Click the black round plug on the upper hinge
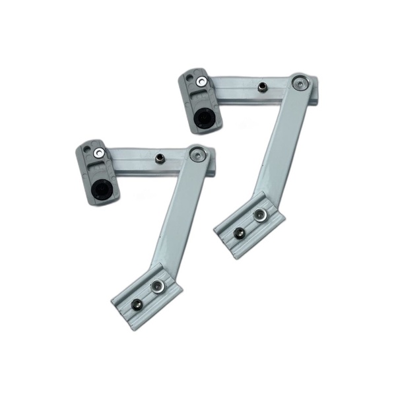203,118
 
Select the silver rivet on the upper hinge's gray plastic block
201,82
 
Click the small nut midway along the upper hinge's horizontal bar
262,88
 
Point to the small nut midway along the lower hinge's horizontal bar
160,158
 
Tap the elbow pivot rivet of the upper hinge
300,83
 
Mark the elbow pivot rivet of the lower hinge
197,154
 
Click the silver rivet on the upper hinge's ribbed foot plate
261,214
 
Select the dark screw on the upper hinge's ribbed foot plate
239,233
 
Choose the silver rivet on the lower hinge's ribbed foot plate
157,286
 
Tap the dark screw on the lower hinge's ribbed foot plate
136,304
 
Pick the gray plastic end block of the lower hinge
97,172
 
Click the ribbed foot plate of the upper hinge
249,224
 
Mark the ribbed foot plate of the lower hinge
146,296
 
